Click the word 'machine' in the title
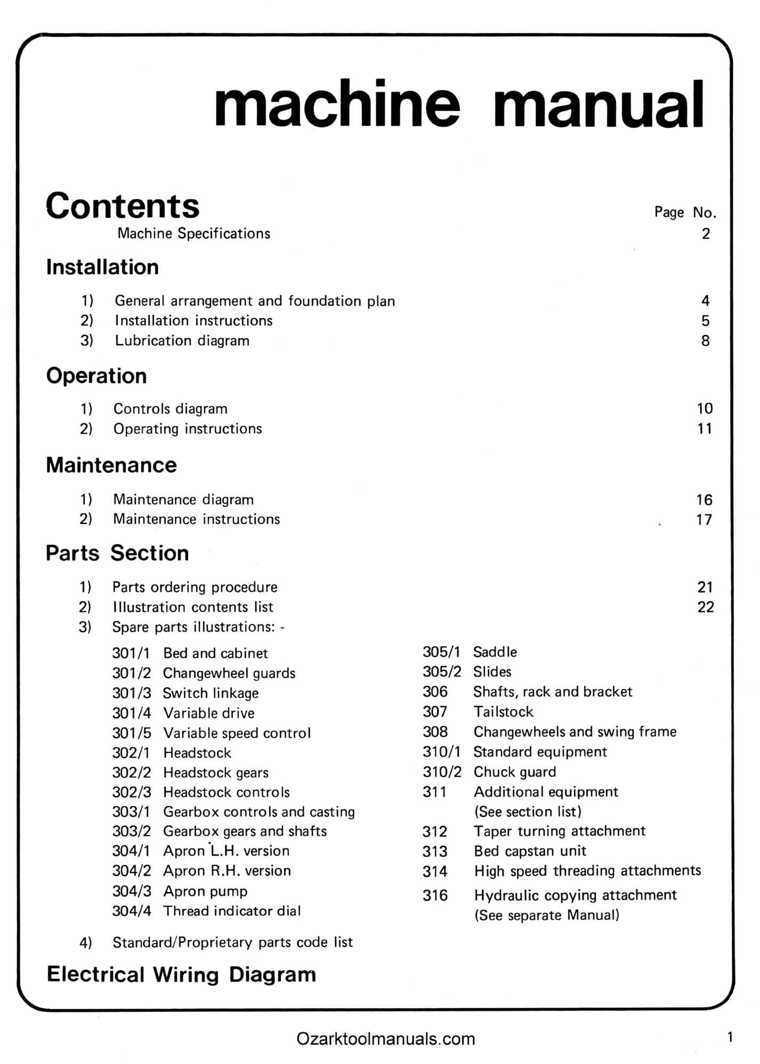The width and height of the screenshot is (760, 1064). click(336, 104)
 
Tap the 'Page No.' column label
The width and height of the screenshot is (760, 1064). click(685, 212)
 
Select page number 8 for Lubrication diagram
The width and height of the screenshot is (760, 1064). click(705, 340)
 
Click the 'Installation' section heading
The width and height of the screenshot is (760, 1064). click(102, 267)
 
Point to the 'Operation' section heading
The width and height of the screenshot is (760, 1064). click(96, 376)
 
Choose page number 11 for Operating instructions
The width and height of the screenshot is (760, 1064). click(704, 429)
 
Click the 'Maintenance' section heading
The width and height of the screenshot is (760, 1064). click(111, 465)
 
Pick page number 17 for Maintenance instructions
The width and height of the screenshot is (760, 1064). click(704, 519)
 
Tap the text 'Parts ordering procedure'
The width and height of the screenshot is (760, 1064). click(195, 587)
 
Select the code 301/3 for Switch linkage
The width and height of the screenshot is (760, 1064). click(131, 693)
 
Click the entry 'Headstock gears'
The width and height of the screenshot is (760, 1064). click(216, 772)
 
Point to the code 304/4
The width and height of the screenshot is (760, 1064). click(131, 911)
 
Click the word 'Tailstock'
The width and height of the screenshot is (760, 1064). click(503, 712)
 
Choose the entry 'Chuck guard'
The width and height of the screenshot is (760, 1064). click(515, 772)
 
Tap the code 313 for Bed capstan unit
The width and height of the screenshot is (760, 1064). click(435, 851)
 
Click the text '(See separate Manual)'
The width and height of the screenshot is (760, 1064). click(547, 916)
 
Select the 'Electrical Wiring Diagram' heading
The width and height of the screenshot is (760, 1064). click(181, 975)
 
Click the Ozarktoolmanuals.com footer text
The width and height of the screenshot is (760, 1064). click(385, 1038)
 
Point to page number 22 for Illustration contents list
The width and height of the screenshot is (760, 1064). click(705, 607)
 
